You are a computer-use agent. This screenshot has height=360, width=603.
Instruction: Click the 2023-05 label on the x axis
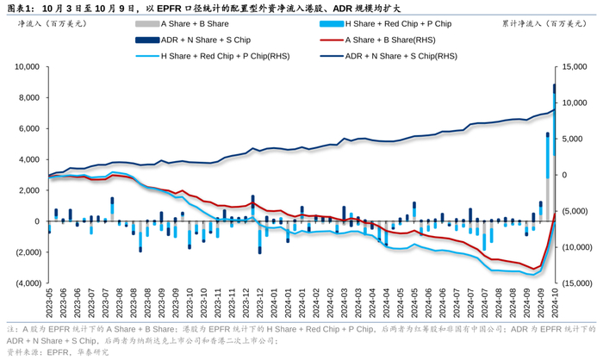(49, 305)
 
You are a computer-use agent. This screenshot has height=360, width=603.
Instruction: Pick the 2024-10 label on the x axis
(555, 305)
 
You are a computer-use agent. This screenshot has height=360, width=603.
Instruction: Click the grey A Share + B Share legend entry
(196, 24)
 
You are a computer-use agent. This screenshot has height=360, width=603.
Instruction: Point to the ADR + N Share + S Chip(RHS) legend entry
(401, 56)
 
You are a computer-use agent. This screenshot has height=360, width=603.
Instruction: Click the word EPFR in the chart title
(171, 7)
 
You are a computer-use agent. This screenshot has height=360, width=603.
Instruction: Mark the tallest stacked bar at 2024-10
(555, 155)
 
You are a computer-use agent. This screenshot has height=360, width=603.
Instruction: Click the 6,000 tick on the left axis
(28, 128)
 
